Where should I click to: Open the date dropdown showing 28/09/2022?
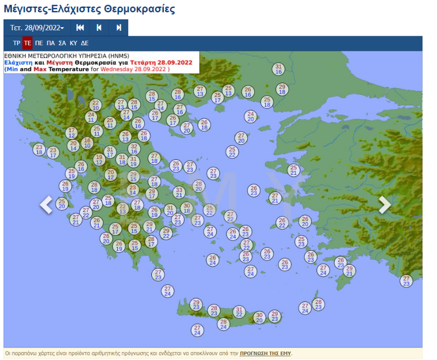(37, 28)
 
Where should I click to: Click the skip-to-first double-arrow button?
(80, 28)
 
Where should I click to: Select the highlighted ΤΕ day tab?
(27, 43)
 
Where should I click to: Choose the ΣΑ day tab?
(62, 43)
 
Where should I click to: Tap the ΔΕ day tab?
(85, 43)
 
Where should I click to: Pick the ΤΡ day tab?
(16, 43)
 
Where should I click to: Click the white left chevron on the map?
(46, 205)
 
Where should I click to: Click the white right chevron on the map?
(385, 205)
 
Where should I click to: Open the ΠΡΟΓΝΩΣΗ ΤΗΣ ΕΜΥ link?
(265, 354)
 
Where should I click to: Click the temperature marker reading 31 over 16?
(279, 69)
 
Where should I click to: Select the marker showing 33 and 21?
(179, 192)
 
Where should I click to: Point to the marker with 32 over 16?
(134, 149)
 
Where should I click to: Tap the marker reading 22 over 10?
(95, 105)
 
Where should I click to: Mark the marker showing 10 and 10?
(87, 143)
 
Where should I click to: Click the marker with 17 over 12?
(72, 133)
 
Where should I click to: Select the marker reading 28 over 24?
(223, 324)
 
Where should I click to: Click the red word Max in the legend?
(40, 70)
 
